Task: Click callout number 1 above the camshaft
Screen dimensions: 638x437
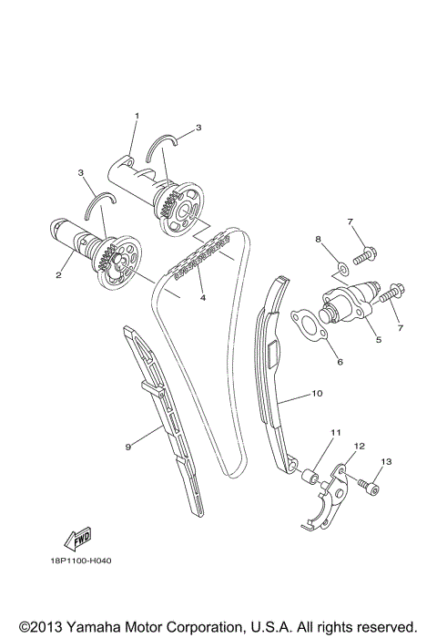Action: click(137, 116)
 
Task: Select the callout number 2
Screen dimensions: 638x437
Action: click(57, 274)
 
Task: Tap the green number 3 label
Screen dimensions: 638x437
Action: click(80, 171)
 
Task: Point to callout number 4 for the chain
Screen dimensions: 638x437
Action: click(203, 297)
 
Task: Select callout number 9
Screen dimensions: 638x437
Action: click(128, 447)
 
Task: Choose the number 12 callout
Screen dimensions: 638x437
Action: click(359, 447)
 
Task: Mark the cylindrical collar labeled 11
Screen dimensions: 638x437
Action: click(310, 475)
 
